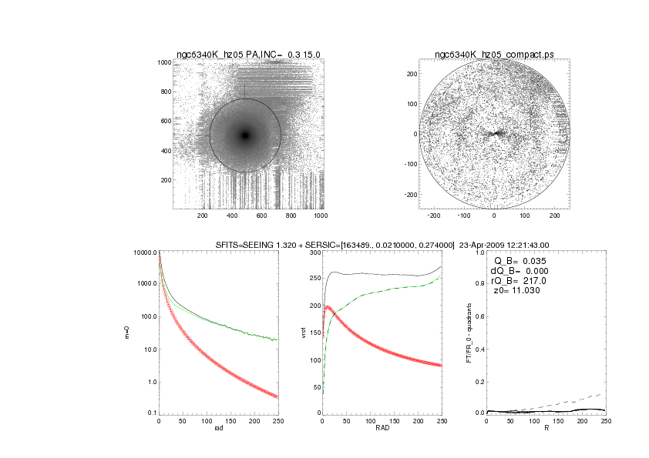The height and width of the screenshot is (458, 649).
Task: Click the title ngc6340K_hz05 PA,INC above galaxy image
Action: click(x=248, y=55)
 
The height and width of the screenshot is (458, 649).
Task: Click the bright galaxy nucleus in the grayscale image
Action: click(x=245, y=135)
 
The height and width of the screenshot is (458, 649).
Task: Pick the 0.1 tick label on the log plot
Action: click(x=151, y=413)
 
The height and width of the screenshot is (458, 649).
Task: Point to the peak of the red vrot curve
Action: click(x=327, y=307)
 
